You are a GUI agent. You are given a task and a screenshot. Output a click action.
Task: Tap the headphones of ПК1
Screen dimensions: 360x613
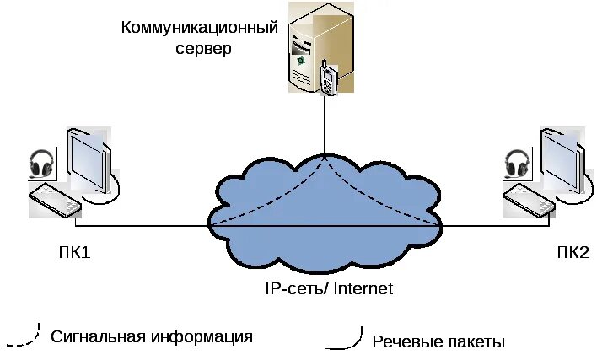(41, 163)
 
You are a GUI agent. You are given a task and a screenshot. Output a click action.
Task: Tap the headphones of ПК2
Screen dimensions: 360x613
(517, 163)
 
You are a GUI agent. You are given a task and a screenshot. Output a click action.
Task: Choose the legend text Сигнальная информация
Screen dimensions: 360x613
(152, 337)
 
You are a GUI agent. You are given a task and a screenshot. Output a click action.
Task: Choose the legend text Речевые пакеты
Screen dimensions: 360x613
(438, 341)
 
